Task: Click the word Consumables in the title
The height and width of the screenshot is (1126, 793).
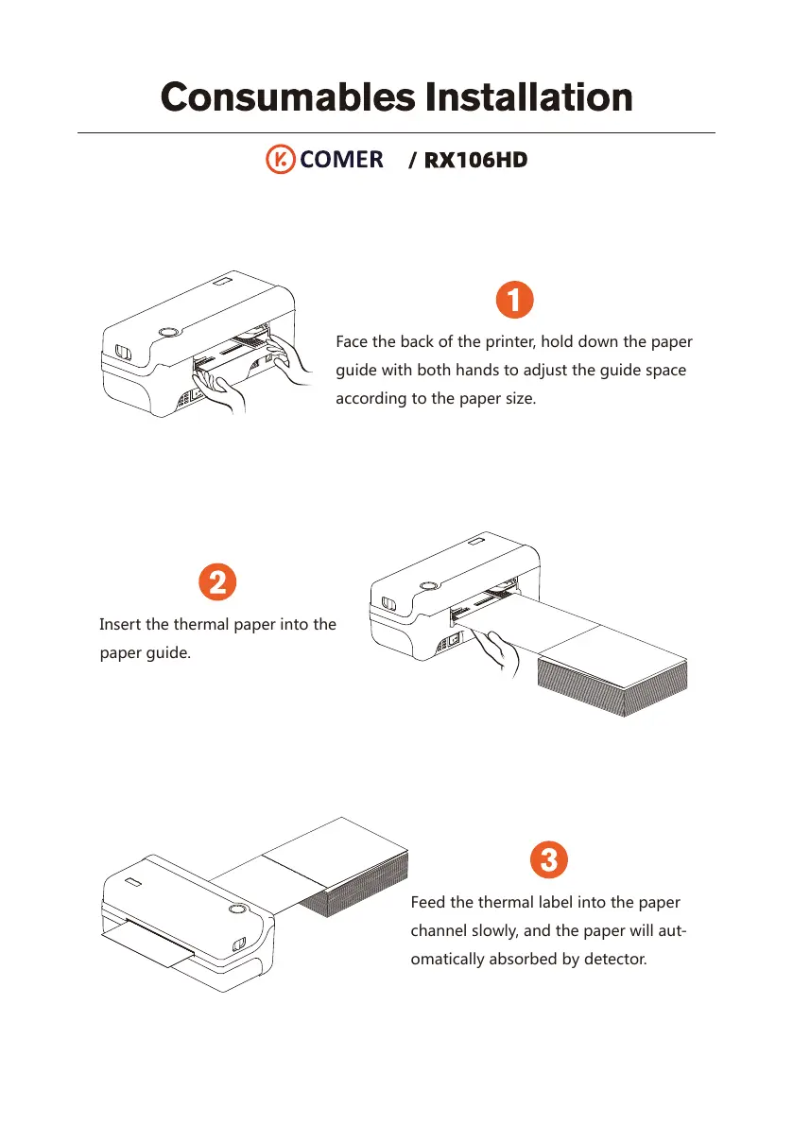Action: [x=287, y=97]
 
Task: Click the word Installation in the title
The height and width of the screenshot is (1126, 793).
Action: [x=529, y=97]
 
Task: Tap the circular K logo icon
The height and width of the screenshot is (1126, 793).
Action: [x=280, y=160]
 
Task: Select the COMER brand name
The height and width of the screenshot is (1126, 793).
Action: [x=341, y=160]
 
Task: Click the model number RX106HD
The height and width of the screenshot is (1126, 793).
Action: [x=475, y=160]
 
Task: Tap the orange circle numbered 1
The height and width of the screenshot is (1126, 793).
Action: [x=514, y=300]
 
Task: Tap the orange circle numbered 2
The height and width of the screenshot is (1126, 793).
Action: [x=217, y=581]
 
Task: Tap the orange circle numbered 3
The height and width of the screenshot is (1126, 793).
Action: [x=549, y=859]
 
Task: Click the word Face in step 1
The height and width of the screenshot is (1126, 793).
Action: [x=352, y=342]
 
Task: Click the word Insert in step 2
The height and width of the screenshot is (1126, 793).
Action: [x=120, y=624]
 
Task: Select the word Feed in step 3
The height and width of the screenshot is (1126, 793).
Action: [x=428, y=902]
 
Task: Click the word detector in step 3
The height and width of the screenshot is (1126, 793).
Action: [x=615, y=959]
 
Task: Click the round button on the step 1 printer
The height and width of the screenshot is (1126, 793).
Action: [x=168, y=332]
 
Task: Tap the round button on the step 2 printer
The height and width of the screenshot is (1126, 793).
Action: [x=428, y=586]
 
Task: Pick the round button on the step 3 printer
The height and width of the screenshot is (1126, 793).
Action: [x=237, y=910]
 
